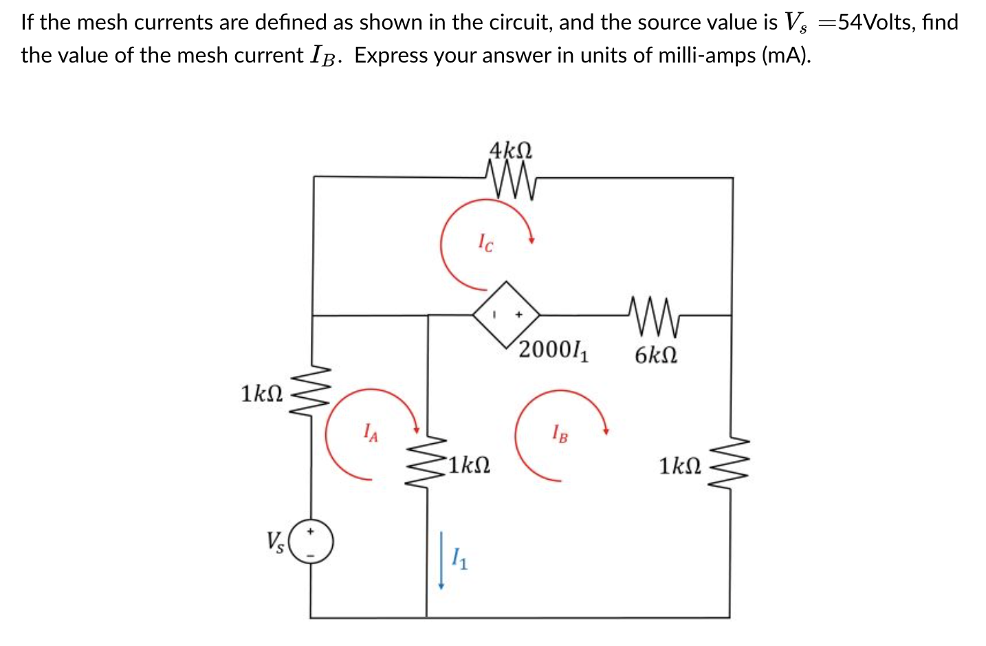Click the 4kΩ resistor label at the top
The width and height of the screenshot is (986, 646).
coord(510,150)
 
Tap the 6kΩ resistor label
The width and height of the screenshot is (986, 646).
coord(655,355)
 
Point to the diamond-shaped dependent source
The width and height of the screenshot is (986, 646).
coord(506,315)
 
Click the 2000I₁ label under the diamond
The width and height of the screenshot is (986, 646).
coord(554,350)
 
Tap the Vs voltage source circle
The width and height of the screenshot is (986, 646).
coord(311,542)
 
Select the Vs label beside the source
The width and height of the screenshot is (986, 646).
coord(275,542)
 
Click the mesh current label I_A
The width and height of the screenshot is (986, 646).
coord(370,433)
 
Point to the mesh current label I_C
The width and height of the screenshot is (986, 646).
coord(485,243)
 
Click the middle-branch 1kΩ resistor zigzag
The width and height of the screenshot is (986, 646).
coord(426,460)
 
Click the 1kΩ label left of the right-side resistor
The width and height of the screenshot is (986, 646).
coord(680,466)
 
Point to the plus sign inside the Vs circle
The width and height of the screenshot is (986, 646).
coord(311,531)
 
